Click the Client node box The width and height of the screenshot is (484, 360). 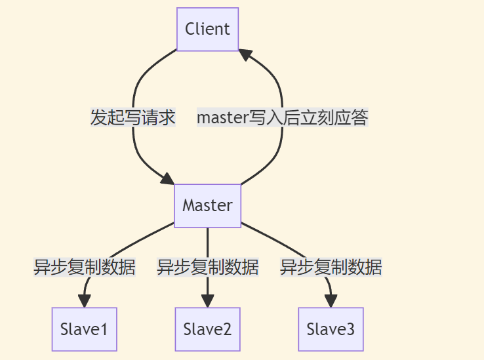point(207,29)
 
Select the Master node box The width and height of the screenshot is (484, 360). point(207,205)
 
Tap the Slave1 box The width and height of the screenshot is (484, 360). point(84,329)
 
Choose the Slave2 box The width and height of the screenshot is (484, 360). point(207,329)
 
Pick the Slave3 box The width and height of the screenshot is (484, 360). point(331,329)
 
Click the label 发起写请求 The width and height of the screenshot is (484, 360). point(133,118)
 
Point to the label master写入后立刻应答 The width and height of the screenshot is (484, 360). point(282,118)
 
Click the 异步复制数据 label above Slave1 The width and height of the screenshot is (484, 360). point(85,268)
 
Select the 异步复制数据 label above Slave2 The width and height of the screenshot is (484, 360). point(207,268)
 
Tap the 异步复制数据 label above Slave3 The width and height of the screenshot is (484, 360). point(331,268)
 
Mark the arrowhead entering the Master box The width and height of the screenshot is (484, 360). point(167,179)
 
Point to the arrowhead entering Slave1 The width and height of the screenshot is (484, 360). point(85,301)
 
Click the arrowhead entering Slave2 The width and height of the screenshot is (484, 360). point(207,301)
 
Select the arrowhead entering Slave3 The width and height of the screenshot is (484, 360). point(331,301)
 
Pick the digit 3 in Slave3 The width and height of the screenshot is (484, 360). point(350,329)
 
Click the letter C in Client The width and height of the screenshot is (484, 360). point(190,29)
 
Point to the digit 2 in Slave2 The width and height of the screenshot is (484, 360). point(226,329)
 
